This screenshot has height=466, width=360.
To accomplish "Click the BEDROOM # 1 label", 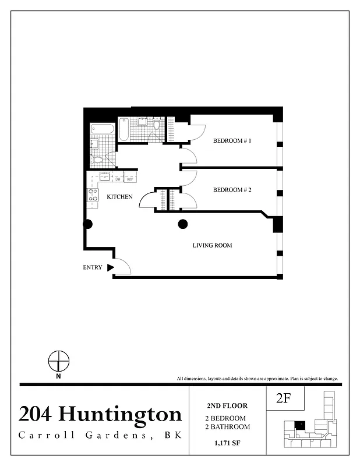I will tap(232, 141).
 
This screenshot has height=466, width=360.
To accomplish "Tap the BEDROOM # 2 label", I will tap(232, 190).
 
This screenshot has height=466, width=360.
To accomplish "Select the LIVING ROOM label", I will tap(212, 245).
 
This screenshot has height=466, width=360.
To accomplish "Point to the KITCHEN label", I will tap(119, 197).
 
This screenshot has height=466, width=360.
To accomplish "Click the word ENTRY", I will tap(93, 268).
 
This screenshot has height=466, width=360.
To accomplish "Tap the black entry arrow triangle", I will tap(110, 268).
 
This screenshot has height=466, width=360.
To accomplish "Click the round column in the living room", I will tap(182, 223).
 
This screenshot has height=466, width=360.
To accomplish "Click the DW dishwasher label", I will tap(117, 179).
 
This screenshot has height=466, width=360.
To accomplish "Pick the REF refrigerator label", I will tap(130, 179).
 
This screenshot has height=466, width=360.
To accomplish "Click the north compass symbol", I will tap(59, 361).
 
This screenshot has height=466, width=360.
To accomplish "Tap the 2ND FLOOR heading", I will tap(227, 405).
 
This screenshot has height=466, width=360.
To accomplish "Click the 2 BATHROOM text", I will tap(227, 427).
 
